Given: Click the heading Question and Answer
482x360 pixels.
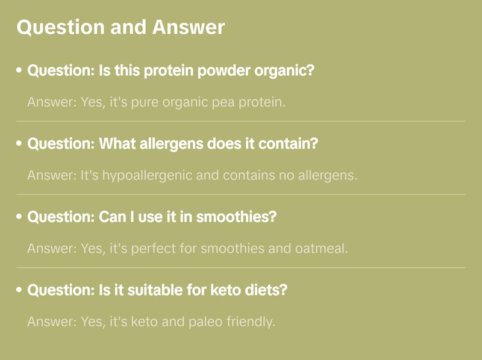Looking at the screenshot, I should (120, 28).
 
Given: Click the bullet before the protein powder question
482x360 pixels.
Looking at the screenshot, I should (19, 71).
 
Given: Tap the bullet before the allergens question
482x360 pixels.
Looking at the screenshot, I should (19, 144).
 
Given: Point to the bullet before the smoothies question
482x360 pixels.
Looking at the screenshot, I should (19, 217).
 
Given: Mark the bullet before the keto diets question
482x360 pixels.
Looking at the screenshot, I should (19, 290).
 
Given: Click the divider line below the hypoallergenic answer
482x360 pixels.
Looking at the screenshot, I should (241, 194).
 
